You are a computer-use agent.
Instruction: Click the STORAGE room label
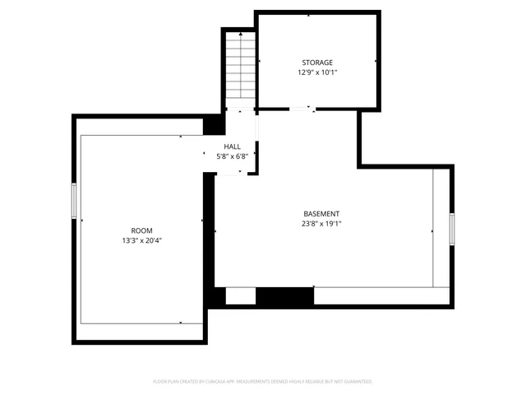[317, 63]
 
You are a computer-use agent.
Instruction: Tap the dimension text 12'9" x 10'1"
[317, 72]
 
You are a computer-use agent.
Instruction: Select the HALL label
[233, 146]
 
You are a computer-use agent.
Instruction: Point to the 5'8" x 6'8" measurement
[233, 156]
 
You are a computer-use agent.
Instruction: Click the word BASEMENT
[321, 214]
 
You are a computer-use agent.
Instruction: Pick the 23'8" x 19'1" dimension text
[321, 223]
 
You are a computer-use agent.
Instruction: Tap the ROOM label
[141, 230]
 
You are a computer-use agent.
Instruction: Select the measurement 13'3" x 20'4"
[141, 240]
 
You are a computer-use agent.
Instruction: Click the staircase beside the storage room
[239, 66]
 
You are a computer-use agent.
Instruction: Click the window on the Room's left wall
[74, 202]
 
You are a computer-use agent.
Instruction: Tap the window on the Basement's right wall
[451, 227]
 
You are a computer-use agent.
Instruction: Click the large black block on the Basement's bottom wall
[284, 295]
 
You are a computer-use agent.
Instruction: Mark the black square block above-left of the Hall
[212, 123]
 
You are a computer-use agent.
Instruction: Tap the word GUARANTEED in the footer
[356, 382]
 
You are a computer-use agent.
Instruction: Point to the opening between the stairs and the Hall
[240, 109]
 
